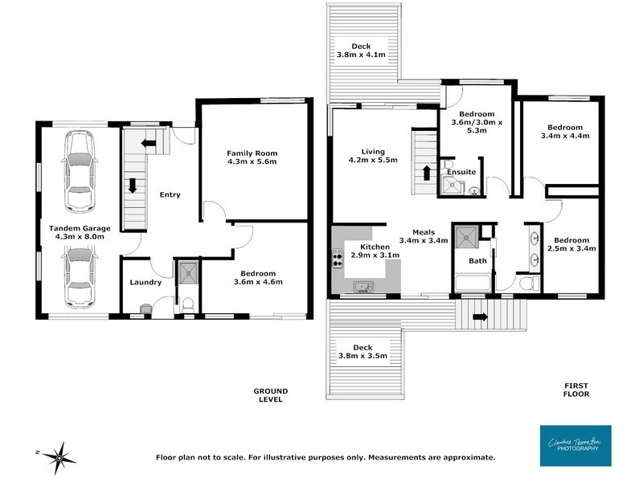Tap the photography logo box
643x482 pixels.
pyautogui.click(x=575, y=445)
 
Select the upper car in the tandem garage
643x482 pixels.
pyautogui.click(x=80, y=170)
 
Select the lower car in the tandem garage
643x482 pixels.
pyautogui.click(x=80, y=277)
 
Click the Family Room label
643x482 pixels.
pyautogui.click(x=252, y=157)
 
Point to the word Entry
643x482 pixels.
pyautogui.click(x=170, y=194)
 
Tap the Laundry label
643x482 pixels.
pyautogui.click(x=145, y=282)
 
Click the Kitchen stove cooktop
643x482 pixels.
pyautogui.click(x=337, y=259)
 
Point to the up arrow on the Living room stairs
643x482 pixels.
pyautogui.click(x=425, y=173)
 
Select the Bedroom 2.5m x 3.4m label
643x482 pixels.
pyautogui.click(x=571, y=244)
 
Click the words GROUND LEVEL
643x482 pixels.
pyautogui.click(x=270, y=395)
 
